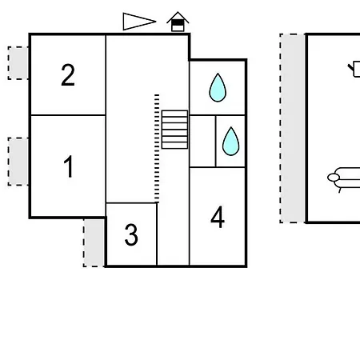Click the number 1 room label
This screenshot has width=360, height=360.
tap(69, 166)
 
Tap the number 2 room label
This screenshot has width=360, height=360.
tap(68, 75)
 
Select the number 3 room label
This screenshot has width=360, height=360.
tap(131, 234)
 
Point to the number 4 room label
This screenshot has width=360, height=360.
tap(218, 217)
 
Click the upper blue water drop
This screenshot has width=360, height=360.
tap(218, 88)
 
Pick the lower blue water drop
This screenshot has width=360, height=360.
tap(230, 142)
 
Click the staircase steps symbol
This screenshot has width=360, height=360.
tap(174, 130)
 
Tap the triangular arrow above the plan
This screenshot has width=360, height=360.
tap(139, 22)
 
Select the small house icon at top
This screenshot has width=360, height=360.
tap(178, 22)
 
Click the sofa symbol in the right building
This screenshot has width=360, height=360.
tap(344, 178)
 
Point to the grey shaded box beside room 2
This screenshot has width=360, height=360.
tap(18, 63)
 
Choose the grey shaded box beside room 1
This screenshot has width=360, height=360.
tap(18, 162)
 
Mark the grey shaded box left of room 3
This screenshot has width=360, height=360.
tap(94, 242)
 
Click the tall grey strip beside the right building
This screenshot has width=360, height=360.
tap(293, 128)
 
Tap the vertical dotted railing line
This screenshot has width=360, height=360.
tap(157, 148)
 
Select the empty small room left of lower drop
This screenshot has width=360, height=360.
tap(202, 142)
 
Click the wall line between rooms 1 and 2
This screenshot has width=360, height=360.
tap(68, 115)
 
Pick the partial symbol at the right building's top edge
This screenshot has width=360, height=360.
tap(354, 69)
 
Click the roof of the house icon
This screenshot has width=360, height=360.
tap(178, 17)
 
